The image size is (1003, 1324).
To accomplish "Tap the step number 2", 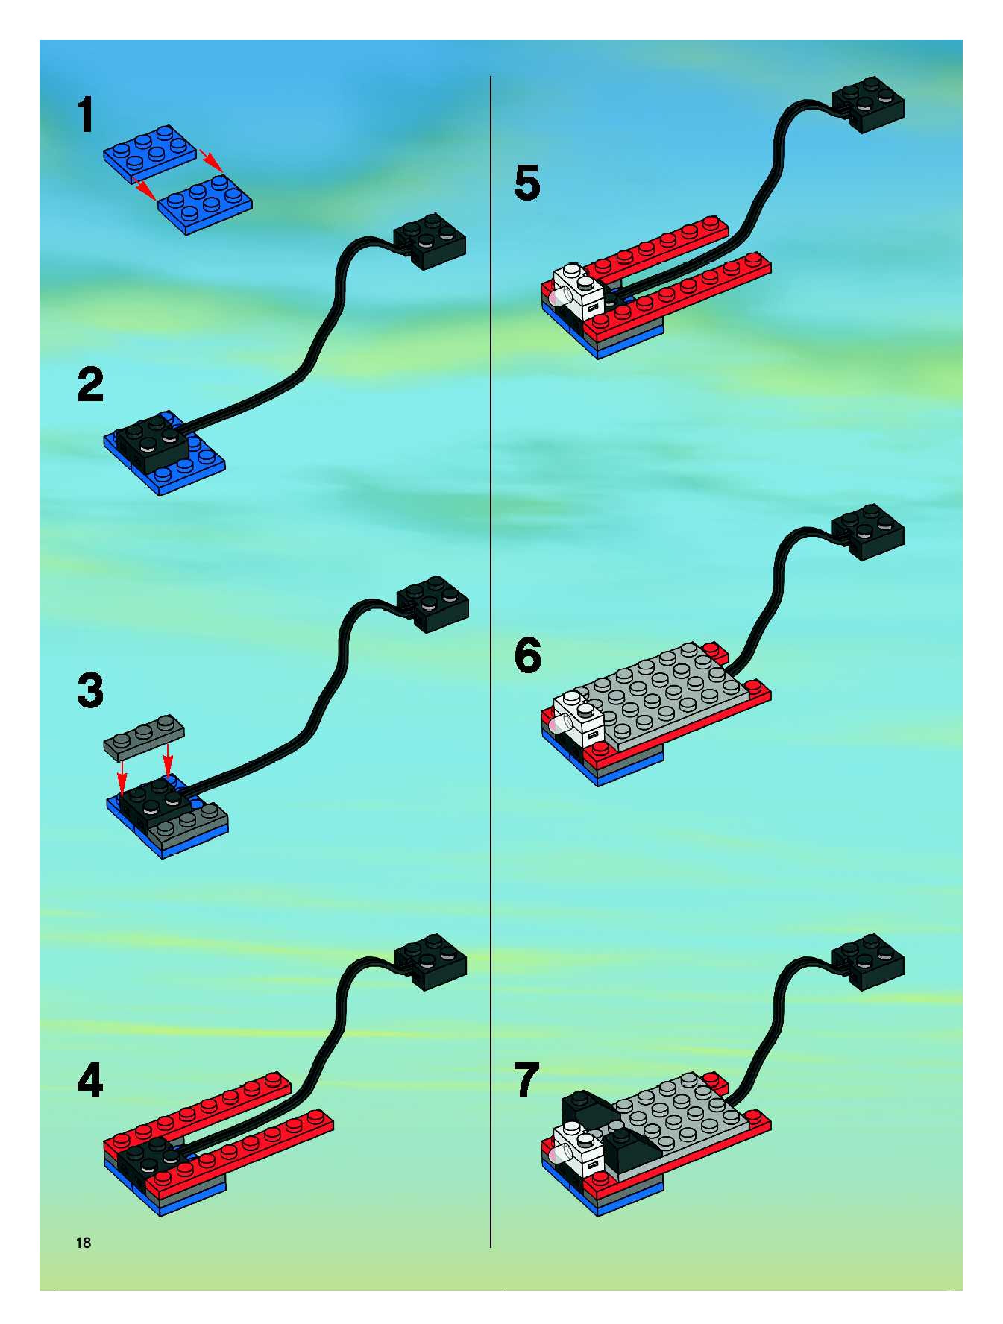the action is [x=91, y=385].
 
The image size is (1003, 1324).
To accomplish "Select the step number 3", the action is [x=91, y=691].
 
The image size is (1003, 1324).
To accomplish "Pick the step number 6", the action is [x=528, y=655].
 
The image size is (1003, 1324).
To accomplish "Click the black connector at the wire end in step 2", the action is [x=430, y=241].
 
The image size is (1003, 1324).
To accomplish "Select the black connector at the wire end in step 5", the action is [x=868, y=105].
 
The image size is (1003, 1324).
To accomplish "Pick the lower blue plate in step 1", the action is [x=205, y=204].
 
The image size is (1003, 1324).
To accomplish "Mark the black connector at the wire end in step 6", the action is [x=869, y=532].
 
